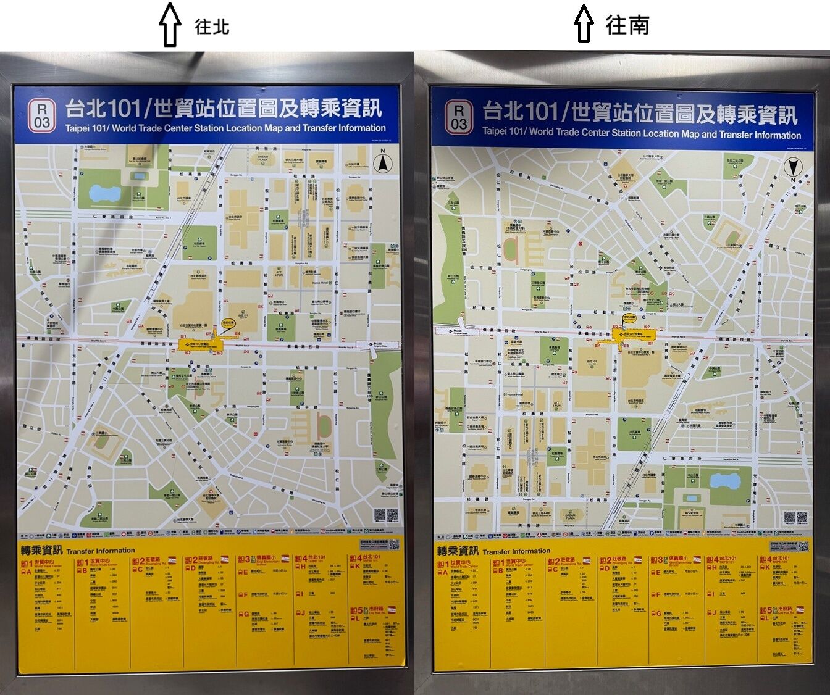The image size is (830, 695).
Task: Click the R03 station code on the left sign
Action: [x=41, y=115]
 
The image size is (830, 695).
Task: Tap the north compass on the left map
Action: [x=384, y=162]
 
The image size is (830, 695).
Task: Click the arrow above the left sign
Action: [x=169, y=24]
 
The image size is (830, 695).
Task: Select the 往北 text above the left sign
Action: [x=212, y=27]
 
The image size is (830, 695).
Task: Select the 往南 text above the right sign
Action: [x=627, y=25]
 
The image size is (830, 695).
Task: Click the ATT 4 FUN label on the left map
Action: [x=278, y=272]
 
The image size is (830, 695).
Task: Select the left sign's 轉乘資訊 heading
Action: [x=42, y=551]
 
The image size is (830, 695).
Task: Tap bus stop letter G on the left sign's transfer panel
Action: [x=246, y=614]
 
